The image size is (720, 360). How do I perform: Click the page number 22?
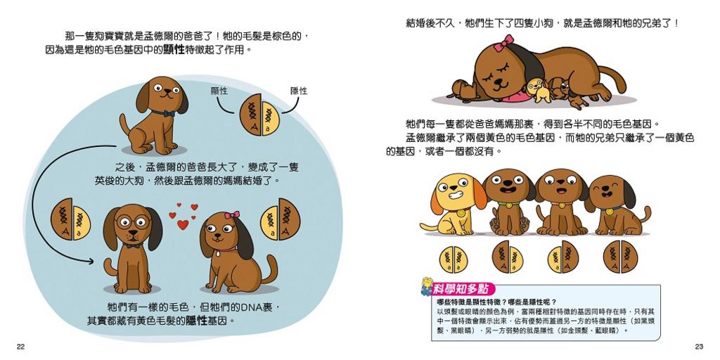point(20,347)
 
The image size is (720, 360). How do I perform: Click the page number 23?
point(700,347)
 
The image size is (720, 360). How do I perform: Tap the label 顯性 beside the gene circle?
point(219,91)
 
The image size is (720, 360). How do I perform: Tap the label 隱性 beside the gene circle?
point(299,91)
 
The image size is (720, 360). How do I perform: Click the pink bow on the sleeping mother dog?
point(503,43)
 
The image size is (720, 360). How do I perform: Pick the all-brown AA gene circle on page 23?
point(619,257)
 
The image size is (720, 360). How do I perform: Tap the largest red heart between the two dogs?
point(183,224)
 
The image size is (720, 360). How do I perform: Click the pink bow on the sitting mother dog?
point(232,214)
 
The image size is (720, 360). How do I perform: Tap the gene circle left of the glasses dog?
point(70,219)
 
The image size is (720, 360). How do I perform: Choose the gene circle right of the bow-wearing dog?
point(280,219)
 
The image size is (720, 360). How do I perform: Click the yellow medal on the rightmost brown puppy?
point(610,212)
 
